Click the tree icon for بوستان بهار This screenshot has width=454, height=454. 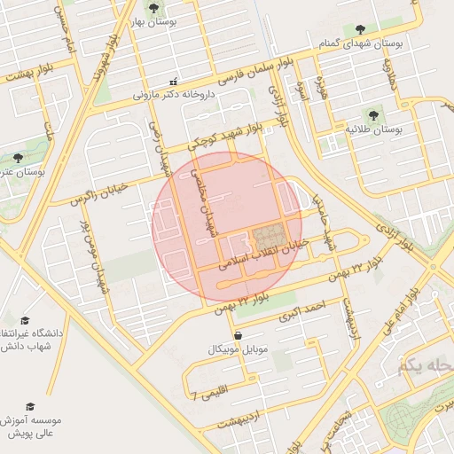(154, 9)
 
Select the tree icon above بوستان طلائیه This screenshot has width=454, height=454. (372, 114)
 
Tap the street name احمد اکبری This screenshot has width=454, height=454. (303, 309)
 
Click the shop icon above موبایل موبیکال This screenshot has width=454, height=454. (238, 335)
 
